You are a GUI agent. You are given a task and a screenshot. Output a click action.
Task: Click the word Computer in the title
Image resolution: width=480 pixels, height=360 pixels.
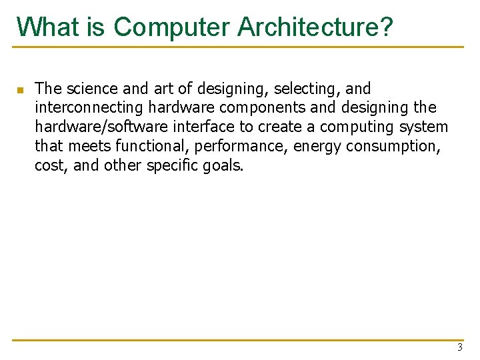pos(171,27)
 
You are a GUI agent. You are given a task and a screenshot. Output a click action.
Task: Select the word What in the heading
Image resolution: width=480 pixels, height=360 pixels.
pos(48,27)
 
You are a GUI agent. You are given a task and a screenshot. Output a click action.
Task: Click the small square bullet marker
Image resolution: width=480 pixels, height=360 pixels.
pos(21,89)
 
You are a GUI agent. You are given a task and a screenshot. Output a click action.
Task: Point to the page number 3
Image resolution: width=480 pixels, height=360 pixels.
pos(459,347)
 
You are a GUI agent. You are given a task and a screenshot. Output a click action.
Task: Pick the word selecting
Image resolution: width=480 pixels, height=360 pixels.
pos(305,89)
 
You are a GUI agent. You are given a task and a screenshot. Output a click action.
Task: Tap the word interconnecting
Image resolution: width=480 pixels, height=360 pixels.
pos(89,108)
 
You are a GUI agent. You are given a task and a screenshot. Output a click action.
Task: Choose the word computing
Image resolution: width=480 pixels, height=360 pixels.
pos(365,127)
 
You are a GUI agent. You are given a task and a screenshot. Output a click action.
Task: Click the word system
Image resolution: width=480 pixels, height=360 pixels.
pos(426,127)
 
